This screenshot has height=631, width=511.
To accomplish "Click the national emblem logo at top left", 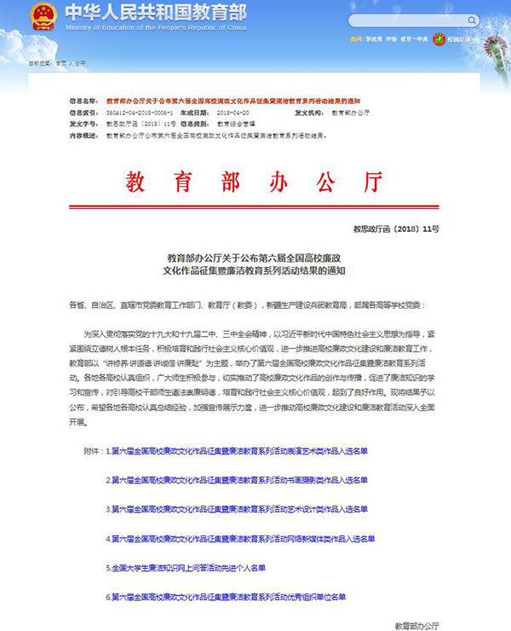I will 43,17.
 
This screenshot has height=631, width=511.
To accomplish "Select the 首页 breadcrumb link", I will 60,63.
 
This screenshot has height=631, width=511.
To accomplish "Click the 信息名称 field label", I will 85,100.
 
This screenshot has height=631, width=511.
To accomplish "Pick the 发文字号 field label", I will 85,124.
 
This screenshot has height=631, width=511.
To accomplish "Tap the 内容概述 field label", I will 85,135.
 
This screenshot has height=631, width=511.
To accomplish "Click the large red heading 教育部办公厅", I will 255,182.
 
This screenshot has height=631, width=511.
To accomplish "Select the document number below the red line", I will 408,229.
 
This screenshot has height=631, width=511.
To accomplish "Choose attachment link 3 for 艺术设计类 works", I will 236,509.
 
